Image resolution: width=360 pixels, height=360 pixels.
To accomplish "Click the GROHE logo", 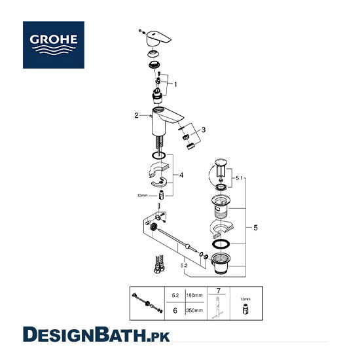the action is click(x=54, y=45).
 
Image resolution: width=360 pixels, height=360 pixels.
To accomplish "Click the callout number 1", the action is click(x=175, y=84).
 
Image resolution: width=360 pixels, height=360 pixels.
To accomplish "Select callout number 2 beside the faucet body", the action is click(x=137, y=115).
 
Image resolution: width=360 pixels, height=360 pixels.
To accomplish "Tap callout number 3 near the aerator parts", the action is click(x=204, y=130).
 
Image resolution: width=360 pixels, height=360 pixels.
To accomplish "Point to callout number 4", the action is click(x=181, y=175).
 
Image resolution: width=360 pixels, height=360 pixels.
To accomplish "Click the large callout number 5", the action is click(x=255, y=228).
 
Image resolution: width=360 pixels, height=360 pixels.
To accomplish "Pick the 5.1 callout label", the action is click(x=239, y=178).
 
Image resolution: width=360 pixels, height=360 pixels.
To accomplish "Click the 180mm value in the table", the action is click(x=194, y=295).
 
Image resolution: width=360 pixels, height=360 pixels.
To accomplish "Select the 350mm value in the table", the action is click(x=194, y=310).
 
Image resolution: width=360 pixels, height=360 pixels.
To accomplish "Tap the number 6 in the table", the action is click(x=175, y=311).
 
